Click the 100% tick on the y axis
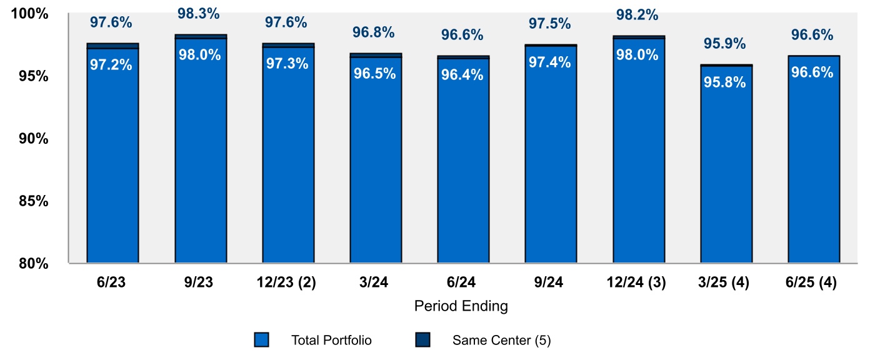(31, 13)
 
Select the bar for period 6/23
(112, 162)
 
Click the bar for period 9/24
(551, 162)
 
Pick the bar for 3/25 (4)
(726, 169)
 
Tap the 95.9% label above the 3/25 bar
(724, 44)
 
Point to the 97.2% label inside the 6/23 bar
(111, 64)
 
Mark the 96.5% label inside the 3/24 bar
(374, 73)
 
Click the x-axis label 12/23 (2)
(287, 282)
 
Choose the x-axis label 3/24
(375, 282)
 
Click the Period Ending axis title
(461, 307)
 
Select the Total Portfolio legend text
(331, 341)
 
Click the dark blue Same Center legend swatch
(422, 340)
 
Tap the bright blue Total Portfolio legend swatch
(262, 340)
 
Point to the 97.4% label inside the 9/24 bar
(549, 62)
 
